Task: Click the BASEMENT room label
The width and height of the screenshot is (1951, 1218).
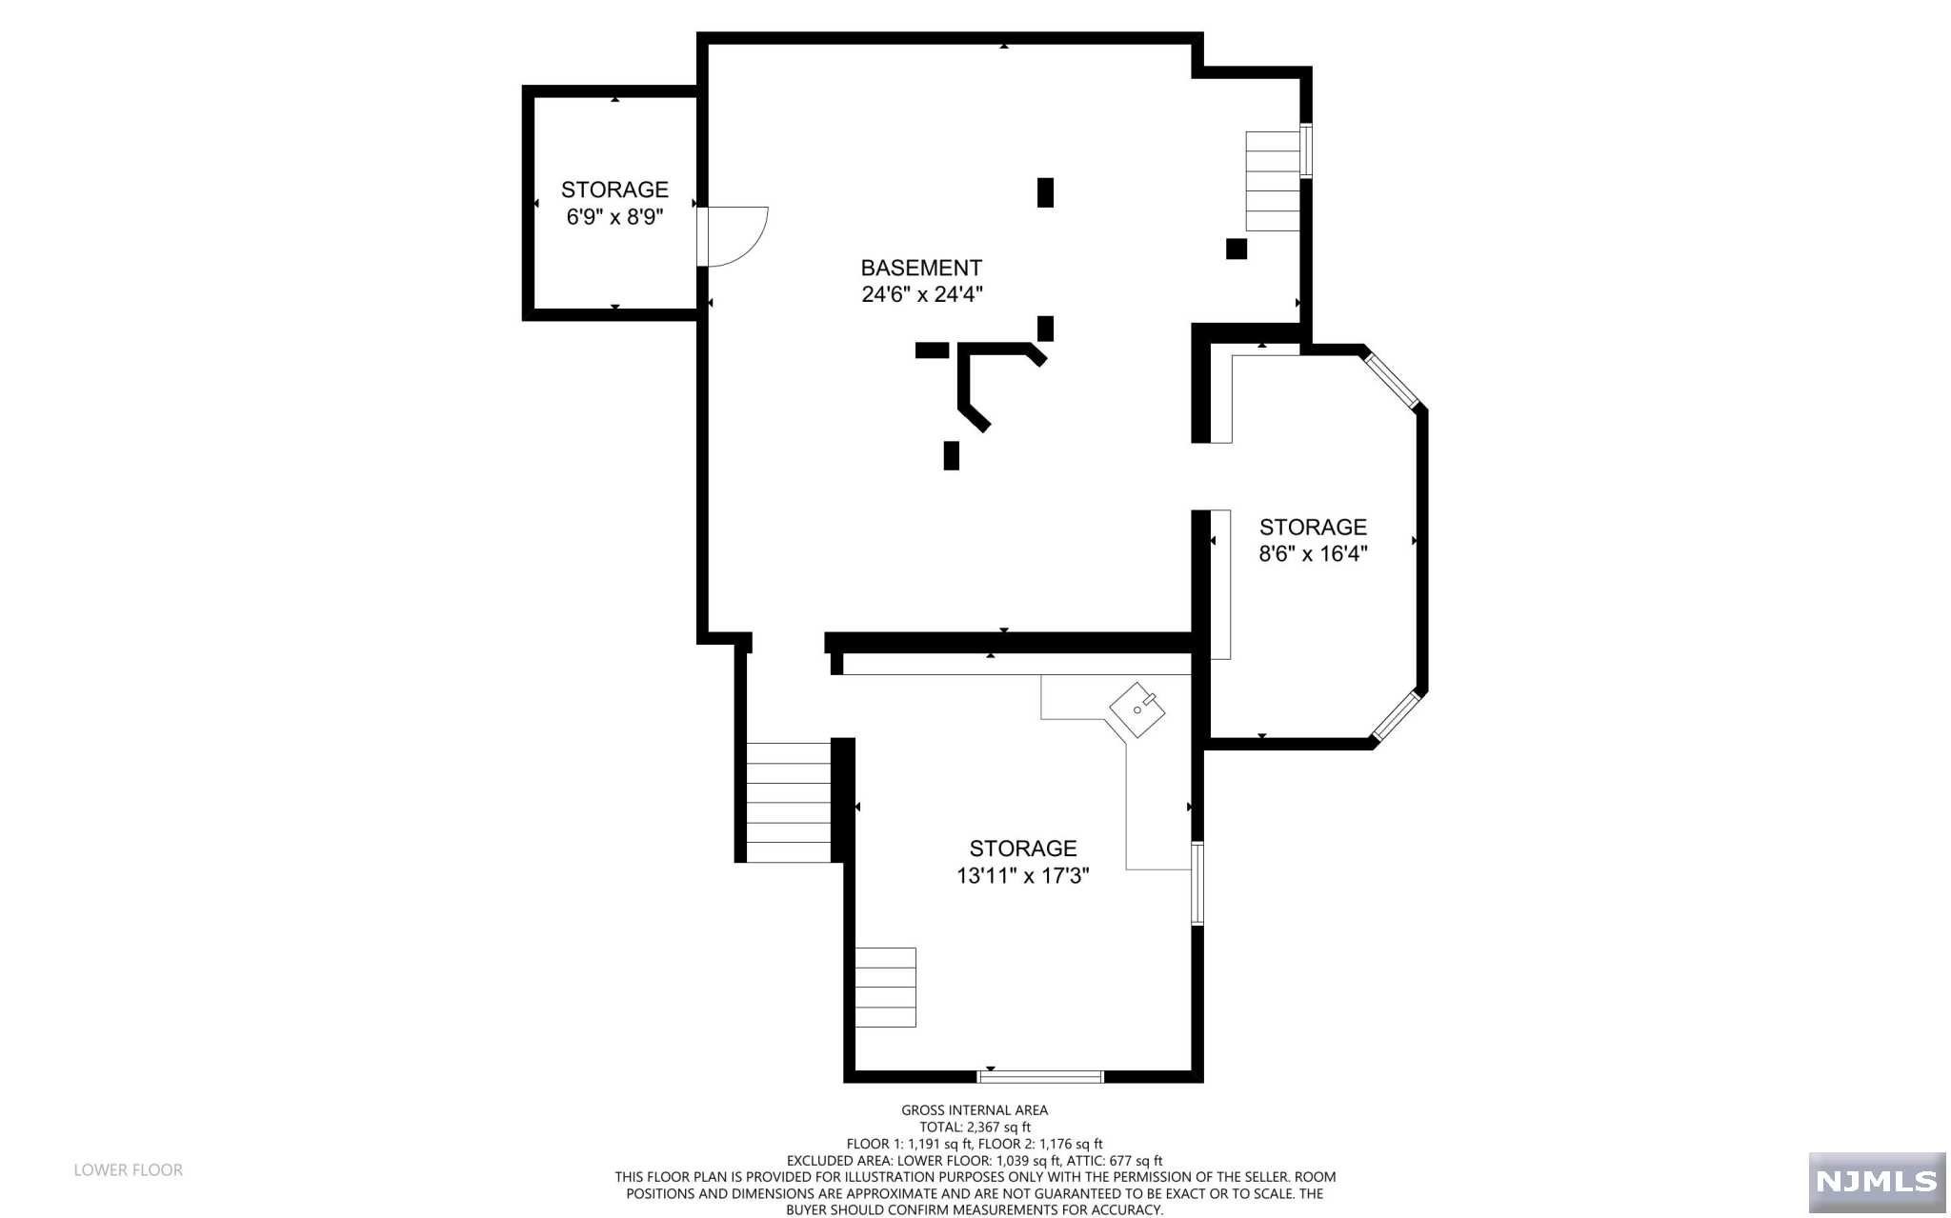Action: [x=920, y=268]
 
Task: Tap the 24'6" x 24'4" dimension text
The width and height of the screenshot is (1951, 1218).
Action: [x=921, y=294]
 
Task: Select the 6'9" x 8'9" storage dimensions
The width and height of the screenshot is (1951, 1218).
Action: [x=614, y=217]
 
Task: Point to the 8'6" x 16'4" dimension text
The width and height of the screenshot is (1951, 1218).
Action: [x=1313, y=553]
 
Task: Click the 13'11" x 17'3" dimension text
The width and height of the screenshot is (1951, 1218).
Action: [x=1022, y=875]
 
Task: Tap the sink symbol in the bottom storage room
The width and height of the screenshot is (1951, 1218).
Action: [x=1138, y=709]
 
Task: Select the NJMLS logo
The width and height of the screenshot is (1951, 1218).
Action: [x=1876, y=1182]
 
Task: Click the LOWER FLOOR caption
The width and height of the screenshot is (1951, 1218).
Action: [x=129, y=1169]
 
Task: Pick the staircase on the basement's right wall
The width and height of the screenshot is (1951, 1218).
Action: [x=1273, y=181]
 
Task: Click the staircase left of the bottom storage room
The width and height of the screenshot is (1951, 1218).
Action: [x=788, y=803]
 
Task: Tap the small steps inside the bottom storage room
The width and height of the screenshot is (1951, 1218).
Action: [x=885, y=987]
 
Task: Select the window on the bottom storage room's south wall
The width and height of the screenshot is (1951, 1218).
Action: [x=1040, y=1077]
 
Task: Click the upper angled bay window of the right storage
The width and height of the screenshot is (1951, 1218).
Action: [x=1392, y=380]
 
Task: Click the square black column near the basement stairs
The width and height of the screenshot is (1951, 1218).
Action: [x=1236, y=249]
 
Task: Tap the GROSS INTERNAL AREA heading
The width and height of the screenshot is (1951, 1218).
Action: [x=975, y=1109]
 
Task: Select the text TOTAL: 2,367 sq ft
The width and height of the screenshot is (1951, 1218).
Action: [x=975, y=1127]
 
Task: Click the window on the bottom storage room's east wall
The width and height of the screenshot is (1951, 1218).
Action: [x=1197, y=883]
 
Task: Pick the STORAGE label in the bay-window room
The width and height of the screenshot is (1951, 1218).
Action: [x=1313, y=527]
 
